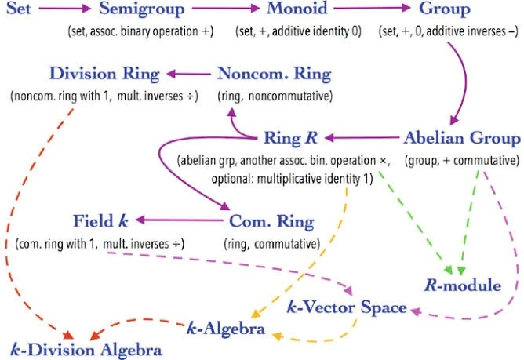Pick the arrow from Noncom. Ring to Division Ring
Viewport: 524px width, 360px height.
point(188,75)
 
